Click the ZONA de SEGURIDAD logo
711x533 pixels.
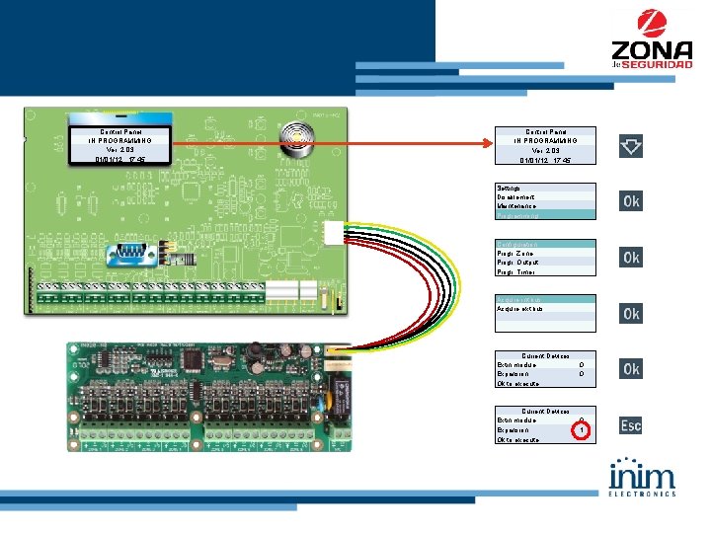coord(651,40)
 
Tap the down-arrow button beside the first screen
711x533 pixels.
coord(630,147)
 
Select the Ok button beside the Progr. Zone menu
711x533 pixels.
coord(630,258)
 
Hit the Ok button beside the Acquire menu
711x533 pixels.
coord(630,313)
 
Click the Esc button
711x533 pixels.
coord(630,424)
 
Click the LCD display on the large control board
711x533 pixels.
coord(119,145)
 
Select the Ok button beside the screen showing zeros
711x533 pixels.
coord(630,368)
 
